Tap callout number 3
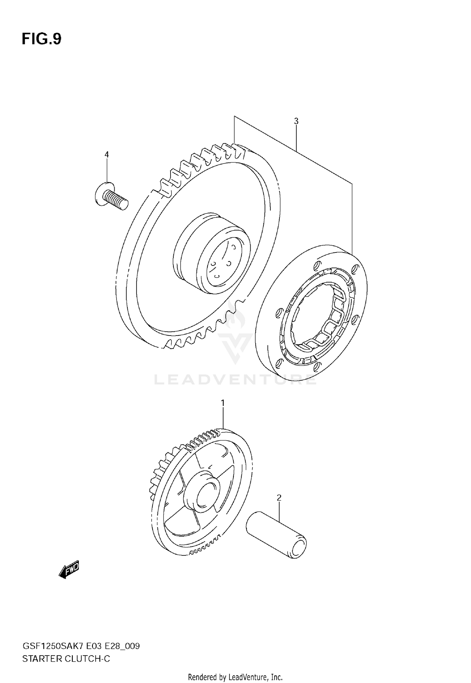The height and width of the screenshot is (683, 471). [x=296, y=121]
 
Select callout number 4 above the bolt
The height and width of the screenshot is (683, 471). [x=106, y=154]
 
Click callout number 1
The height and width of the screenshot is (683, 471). [x=223, y=403]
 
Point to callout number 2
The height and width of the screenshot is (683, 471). [x=279, y=498]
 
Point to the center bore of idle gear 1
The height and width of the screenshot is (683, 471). [x=205, y=495]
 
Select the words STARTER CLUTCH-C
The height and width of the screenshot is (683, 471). [x=66, y=658]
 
